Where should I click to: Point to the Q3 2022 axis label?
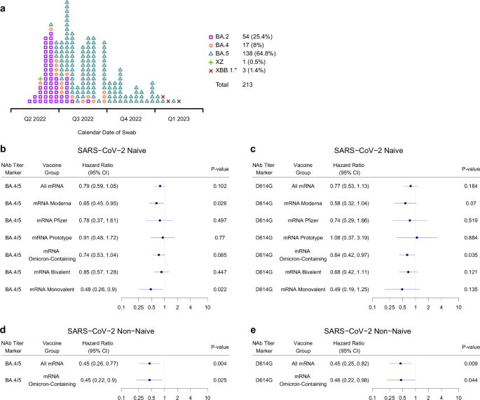[83, 119]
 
